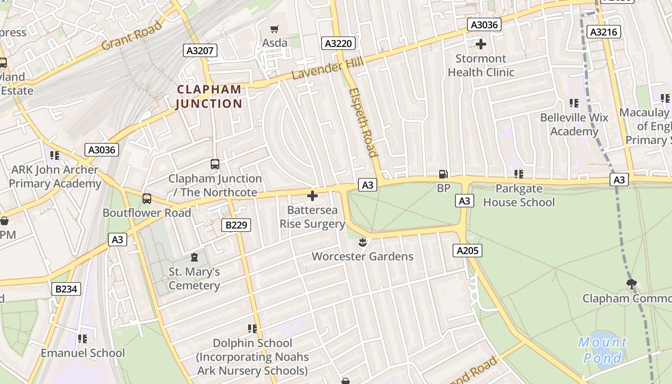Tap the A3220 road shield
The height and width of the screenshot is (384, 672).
pos(338,44)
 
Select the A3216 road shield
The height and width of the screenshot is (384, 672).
pos(604,32)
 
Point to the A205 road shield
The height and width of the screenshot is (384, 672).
pos(468,250)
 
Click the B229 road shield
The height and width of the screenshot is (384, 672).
pos(236,225)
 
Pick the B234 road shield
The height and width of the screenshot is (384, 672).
pos(66,288)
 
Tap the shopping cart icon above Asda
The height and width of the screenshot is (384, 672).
pos(274,29)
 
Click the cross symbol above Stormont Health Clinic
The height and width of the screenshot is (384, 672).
pos(480,45)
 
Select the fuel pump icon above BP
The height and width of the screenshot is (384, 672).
pos(444,174)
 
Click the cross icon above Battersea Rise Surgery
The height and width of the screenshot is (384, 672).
pos(312,196)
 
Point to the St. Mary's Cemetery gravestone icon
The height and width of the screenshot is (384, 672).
pos(194,258)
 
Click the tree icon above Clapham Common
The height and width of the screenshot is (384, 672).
pos(631,284)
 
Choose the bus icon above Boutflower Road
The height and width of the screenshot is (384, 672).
pos(147,198)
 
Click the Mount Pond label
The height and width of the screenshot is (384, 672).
pos(602,349)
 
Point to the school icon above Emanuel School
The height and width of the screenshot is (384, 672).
pos(83,339)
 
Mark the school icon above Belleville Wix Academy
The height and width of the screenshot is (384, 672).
pos(574,103)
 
